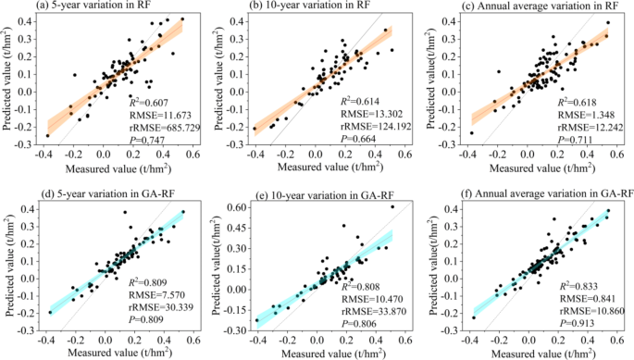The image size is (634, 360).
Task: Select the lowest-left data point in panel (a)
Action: coord(46,136)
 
